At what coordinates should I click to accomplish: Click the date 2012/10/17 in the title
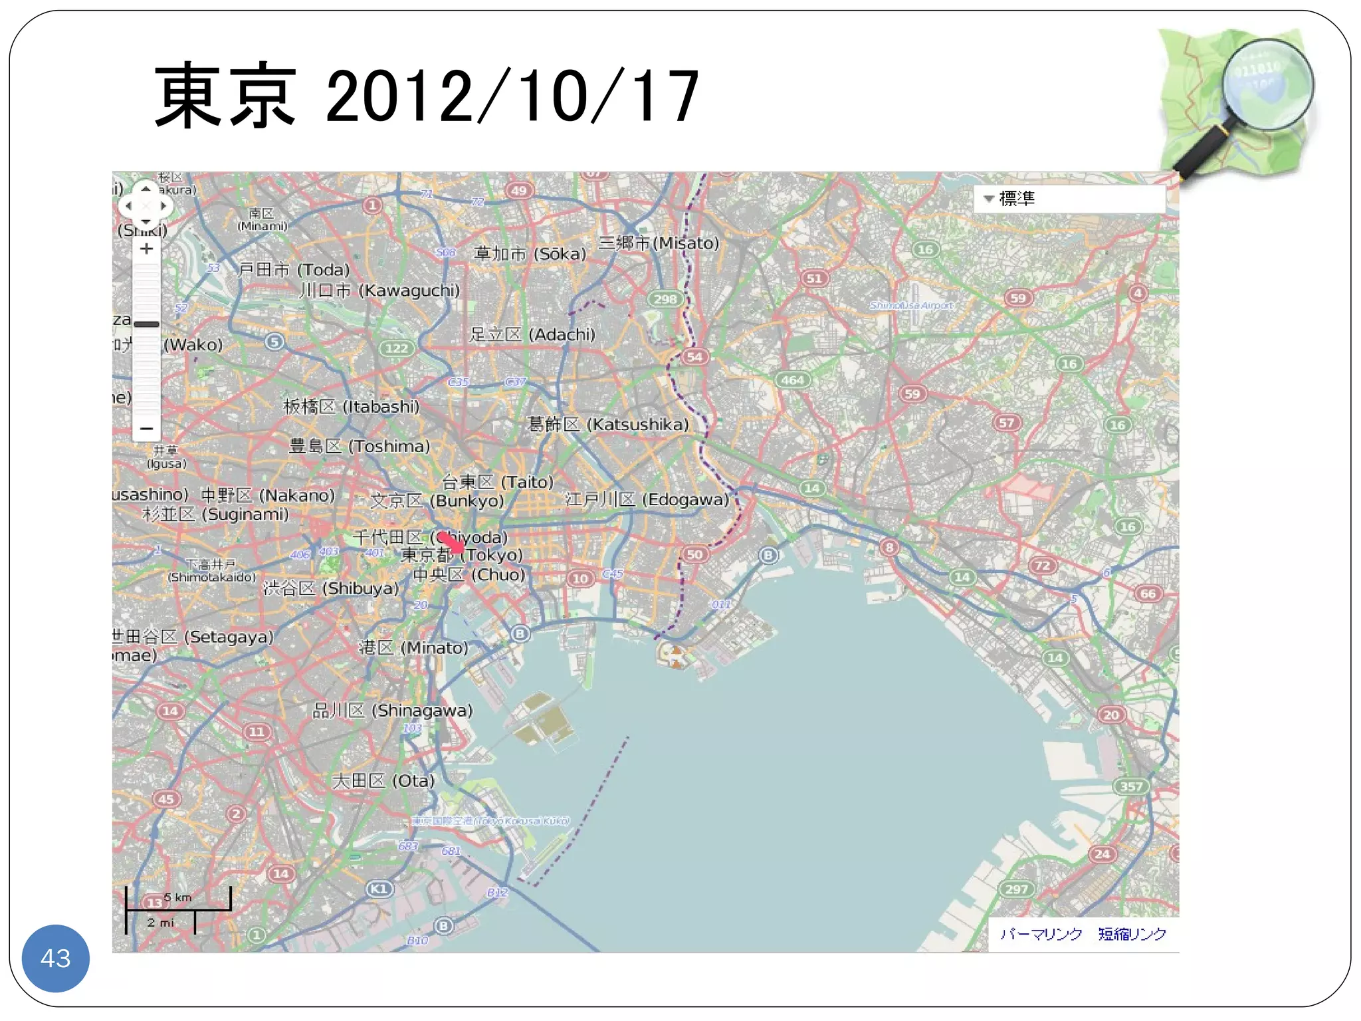coord(512,96)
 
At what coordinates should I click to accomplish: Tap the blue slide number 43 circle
coord(55,958)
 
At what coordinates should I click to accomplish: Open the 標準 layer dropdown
coord(1069,198)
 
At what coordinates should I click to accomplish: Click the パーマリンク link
coord(1041,934)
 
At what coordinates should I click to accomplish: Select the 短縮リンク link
coord(1132,934)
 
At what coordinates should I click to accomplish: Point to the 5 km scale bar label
coord(177,897)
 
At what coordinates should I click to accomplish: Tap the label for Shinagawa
coord(393,711)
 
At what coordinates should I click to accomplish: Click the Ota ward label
coord(383,780)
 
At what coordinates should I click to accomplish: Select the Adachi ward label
coord(532,334)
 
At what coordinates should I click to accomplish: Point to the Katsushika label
coord(607,424)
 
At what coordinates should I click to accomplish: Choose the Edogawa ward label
coord(647,499)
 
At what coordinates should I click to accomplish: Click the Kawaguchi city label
coord(379,290)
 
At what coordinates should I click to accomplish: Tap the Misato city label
coord(659,243)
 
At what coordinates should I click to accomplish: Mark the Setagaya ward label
coord(193,637)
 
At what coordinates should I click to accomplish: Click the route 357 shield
coord(1130,786)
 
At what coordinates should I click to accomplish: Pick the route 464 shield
coord(792,380)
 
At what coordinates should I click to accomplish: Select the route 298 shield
coord(665,299)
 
